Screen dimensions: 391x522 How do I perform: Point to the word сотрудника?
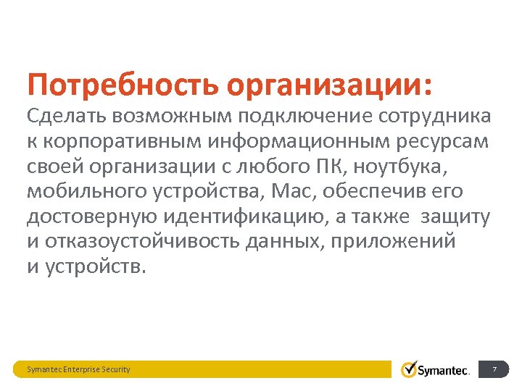pyautogui.click(x=435, y=116)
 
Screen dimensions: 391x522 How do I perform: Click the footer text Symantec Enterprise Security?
pyautogui.click(x=78, y=369)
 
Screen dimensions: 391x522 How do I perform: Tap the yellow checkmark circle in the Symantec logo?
pyautogui.click(x=410, y=369)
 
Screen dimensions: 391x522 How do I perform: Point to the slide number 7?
pyautogui.click(x=494, y=369)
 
